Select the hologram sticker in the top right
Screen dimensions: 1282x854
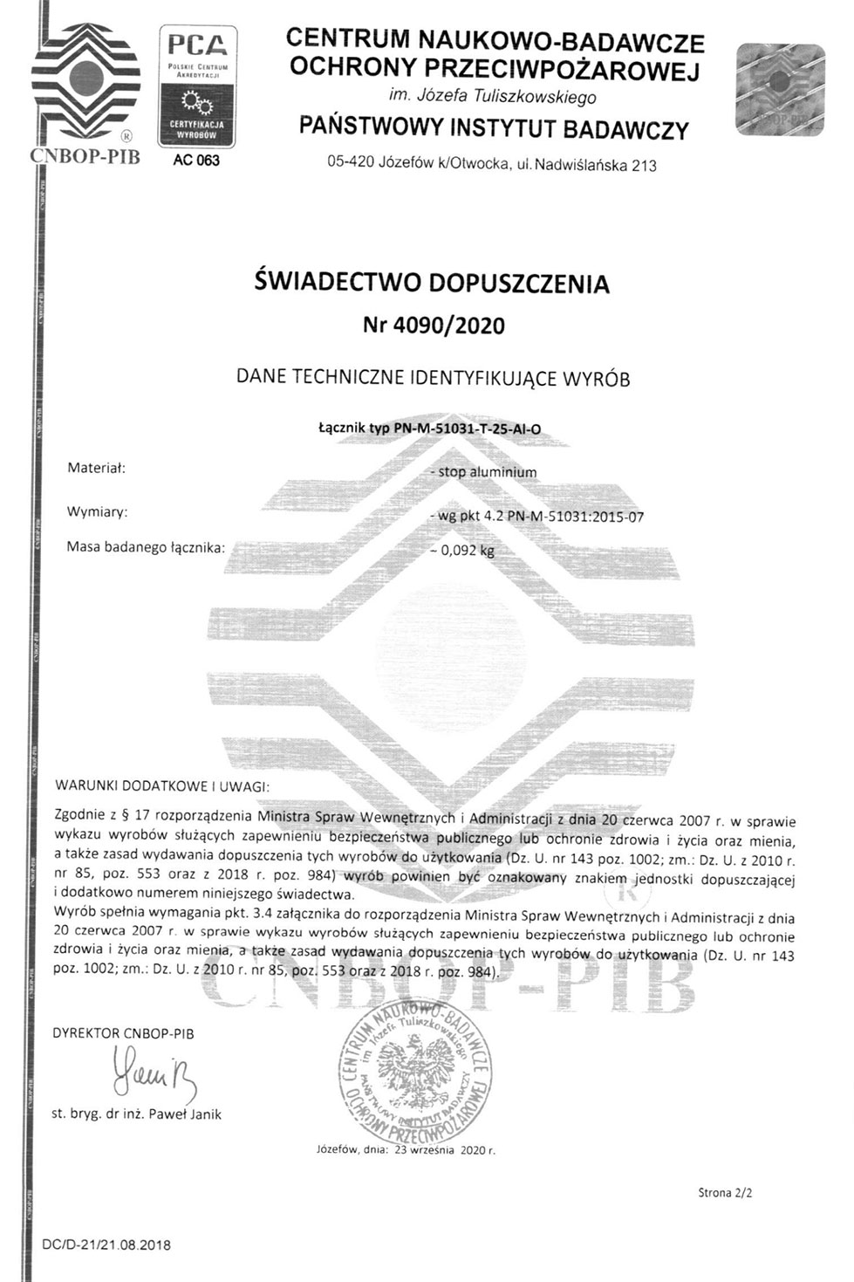[778, 90]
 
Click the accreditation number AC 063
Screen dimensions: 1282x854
[196, 161]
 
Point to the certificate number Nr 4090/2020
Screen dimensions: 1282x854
[433, 326]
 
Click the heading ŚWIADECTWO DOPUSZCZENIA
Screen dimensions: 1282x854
[432, 283]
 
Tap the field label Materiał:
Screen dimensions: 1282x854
[97, 468]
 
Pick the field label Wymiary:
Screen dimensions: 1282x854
[97, 511]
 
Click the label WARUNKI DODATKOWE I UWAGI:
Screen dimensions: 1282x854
[161, 785]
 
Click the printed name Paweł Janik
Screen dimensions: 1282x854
[184, 1114]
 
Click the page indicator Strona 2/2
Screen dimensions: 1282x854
[724, 1192]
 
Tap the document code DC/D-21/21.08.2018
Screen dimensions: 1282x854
[106, 1244]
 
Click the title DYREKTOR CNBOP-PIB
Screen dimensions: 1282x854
[123, 1033]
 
